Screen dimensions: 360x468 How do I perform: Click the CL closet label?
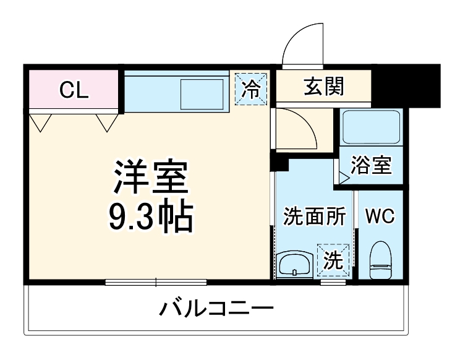74,90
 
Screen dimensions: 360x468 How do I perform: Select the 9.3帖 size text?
149,216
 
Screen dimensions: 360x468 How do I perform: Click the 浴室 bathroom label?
371,166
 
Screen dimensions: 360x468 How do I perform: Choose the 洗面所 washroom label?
313,217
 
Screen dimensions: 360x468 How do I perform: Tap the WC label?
380,216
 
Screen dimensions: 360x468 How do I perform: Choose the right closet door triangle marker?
107,122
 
